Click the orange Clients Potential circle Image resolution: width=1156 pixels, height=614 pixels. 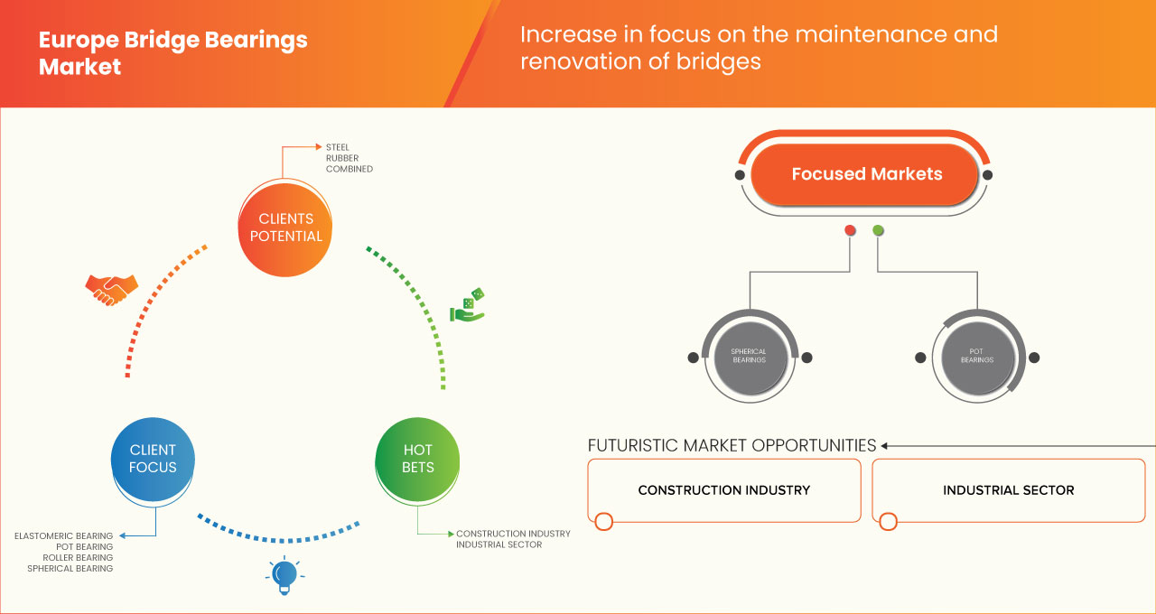[x=284, y=228]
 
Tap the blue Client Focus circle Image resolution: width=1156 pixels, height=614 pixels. [x=153, y=459]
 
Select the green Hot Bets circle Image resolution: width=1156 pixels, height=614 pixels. [x=417, y=459]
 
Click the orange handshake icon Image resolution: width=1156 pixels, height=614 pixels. [x=111, y=289]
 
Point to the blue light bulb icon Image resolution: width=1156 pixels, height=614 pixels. [x=284, y=574]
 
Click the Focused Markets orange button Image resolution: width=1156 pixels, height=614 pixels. [x=866, y=174]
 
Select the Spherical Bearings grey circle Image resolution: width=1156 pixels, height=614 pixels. [x=748, y=356]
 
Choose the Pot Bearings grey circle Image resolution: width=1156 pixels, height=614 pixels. [x=976, y=356]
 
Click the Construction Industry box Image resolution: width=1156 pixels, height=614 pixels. [x=723, y=490]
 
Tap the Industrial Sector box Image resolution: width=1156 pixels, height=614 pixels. [x=1008, y=490]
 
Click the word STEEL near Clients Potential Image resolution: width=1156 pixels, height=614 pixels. [x=338, y=147]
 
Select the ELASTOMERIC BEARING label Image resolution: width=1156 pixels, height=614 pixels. [x=64, y=536]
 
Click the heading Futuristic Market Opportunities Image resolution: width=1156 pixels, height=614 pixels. [x=732, y=445]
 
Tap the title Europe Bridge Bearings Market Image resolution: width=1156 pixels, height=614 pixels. [x=172, y=53]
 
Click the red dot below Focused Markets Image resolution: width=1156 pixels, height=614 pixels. [x=850, y=230]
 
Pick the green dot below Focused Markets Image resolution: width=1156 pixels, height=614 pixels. [x=878, y=230]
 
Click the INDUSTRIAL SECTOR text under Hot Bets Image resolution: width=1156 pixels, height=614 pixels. [x=499, y=544]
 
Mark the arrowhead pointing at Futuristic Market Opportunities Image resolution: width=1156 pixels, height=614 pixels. [x=885, y=445]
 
